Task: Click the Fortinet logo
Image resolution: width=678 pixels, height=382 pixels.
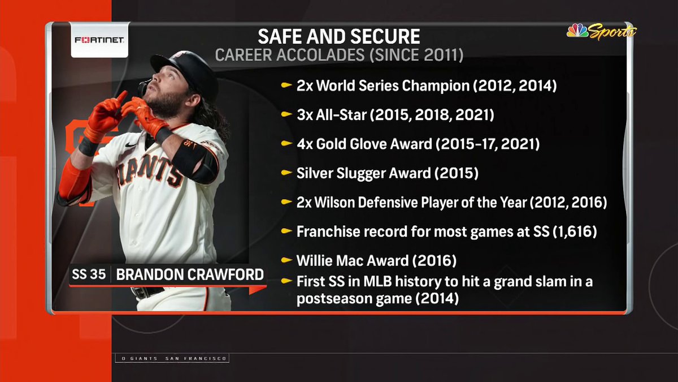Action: tap(100, 40)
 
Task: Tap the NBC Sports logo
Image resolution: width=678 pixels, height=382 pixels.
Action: tap(601, 32)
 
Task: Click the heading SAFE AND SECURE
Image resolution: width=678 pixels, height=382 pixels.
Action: tap(339, 37)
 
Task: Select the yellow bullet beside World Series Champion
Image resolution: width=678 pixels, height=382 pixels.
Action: tap(286, 86)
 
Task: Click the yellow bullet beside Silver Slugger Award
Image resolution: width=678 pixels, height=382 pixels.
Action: tap(286, 173)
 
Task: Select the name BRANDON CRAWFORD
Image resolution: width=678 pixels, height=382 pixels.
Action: tap(190, 275)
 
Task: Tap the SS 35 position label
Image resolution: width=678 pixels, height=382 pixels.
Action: tap(88, 275)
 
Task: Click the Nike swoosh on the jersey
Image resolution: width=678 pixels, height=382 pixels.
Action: tap(131, 145)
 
